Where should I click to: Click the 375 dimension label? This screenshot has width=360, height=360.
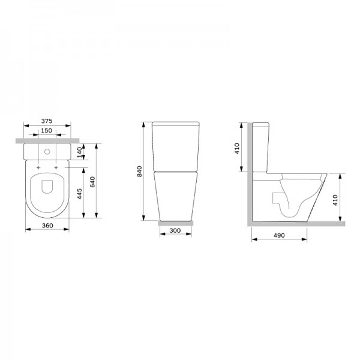(47, 121)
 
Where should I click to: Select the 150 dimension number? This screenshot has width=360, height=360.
(46, 130)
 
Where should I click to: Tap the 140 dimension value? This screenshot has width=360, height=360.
(79, 152)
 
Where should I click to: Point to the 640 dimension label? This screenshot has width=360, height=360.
(92, 182)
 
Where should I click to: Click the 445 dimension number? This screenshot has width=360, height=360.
(79, 194)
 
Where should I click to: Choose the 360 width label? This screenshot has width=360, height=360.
(47, 226)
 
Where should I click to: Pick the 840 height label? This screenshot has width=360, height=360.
(139, 171)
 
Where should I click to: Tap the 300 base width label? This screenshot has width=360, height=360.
(175, 230)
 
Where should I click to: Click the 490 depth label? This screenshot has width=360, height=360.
(279, 235)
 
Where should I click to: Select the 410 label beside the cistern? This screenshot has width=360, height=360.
(237, 148)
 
